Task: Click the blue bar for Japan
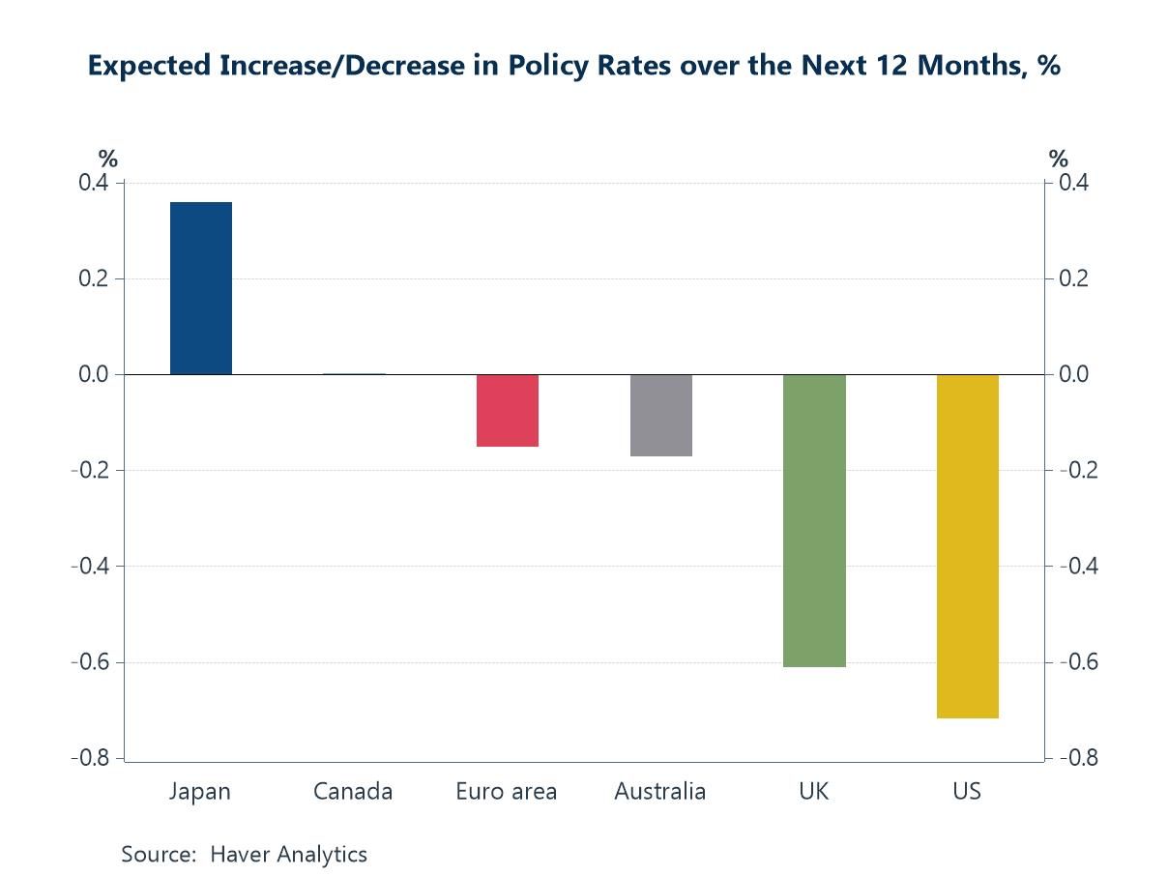tap(201, 288)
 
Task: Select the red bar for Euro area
tap(508, 410)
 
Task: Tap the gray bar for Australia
tap(661, 415)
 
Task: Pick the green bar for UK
tap(814, 520)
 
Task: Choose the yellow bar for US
tap(967, 546)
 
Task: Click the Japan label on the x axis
tap(200, 791)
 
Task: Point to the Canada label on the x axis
tap(353, 791)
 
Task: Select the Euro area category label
tap(507, 791)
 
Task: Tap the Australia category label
tap(660, 791)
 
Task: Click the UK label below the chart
tap(814, 791)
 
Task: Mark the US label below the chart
tap(967, 791)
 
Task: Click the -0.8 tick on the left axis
tap(92, 758)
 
